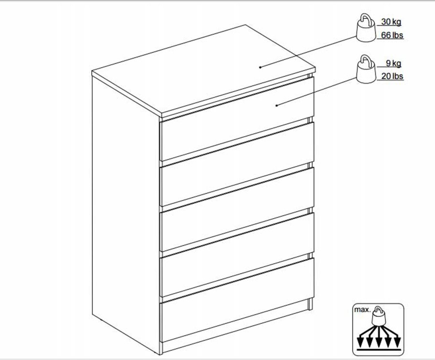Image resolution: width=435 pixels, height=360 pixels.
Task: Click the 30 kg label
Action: (391, 22)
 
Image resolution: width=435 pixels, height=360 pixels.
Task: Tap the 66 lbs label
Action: (392, 35)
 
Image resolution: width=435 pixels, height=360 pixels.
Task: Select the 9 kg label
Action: (393, 63)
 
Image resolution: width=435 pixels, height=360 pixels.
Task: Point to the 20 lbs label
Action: (392, 76)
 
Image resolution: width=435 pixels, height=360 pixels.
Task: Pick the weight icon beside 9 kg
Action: (366, 69)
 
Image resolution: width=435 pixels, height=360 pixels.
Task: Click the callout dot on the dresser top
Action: (260, 67)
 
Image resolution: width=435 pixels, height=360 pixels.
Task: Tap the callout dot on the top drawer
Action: (276, 105)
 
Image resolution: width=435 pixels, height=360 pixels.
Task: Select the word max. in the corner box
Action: (362, 310)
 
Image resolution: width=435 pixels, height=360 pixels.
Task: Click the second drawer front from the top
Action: (237, 164)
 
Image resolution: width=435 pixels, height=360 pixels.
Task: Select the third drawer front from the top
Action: (237, 209)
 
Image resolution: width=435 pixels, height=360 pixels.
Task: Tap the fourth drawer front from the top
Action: (237, 254)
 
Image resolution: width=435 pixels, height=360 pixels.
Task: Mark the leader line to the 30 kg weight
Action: (308, 52)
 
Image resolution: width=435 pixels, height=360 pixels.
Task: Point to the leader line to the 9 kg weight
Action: (317, 91)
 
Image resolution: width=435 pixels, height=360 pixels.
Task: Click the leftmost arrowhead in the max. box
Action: (360, 342)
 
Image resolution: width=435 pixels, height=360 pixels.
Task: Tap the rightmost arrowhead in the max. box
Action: (397, 342)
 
